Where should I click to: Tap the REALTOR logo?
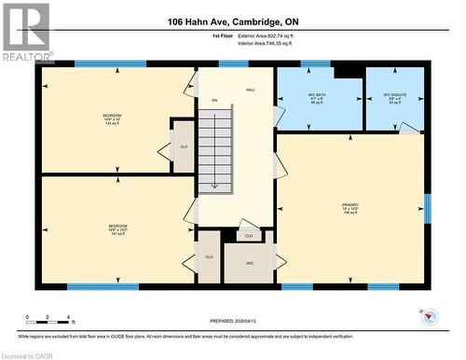(25, 33)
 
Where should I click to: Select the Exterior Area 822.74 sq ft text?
(266, 35)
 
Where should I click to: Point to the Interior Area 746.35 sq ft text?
(266, 42)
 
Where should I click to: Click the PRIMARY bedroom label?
(349, 208)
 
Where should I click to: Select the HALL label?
(251, 90)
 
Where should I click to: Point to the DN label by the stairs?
(213, 100)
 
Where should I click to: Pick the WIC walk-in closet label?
(249, 262)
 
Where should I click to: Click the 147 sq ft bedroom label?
(117, 229)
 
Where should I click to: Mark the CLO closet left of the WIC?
(209, 256)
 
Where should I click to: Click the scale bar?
(48, 323)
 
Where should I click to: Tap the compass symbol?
(429, 317)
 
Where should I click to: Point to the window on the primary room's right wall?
(428, 209)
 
